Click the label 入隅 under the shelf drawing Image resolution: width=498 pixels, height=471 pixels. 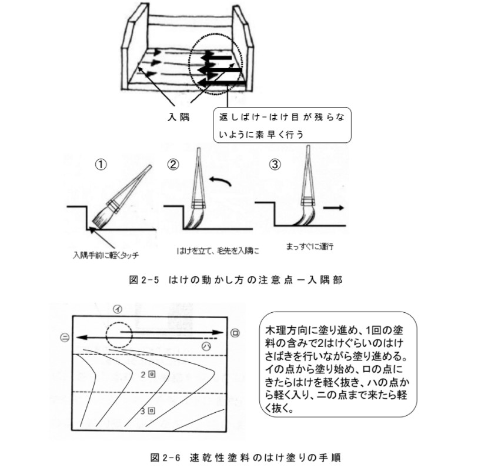[179, 117]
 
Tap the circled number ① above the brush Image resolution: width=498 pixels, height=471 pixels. [101, 165]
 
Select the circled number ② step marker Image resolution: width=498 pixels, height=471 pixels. [173, 165]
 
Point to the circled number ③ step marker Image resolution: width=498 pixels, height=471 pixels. [275, 165]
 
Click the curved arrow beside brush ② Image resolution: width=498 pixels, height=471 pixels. [220, 181]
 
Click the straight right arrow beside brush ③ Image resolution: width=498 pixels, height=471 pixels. [333, 208]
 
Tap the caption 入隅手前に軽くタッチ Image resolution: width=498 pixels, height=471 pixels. [106, 255]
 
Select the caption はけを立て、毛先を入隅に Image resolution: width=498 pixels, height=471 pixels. [218, 251]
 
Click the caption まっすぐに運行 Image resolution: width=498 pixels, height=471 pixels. [310, 246]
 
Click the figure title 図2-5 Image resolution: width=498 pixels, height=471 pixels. [143, 280]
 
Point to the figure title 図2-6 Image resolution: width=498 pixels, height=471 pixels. [165, 457]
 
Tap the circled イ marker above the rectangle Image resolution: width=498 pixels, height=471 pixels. [118, 309]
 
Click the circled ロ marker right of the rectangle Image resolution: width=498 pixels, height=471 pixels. [235, 333]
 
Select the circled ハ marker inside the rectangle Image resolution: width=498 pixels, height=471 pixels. [207, 346]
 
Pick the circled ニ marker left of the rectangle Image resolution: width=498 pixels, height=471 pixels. [65, 338]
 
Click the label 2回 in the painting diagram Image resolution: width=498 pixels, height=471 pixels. [148, 375]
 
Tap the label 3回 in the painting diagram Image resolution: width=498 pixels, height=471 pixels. [148, 411]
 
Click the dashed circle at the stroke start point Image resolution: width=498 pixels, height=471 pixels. [106, 335]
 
